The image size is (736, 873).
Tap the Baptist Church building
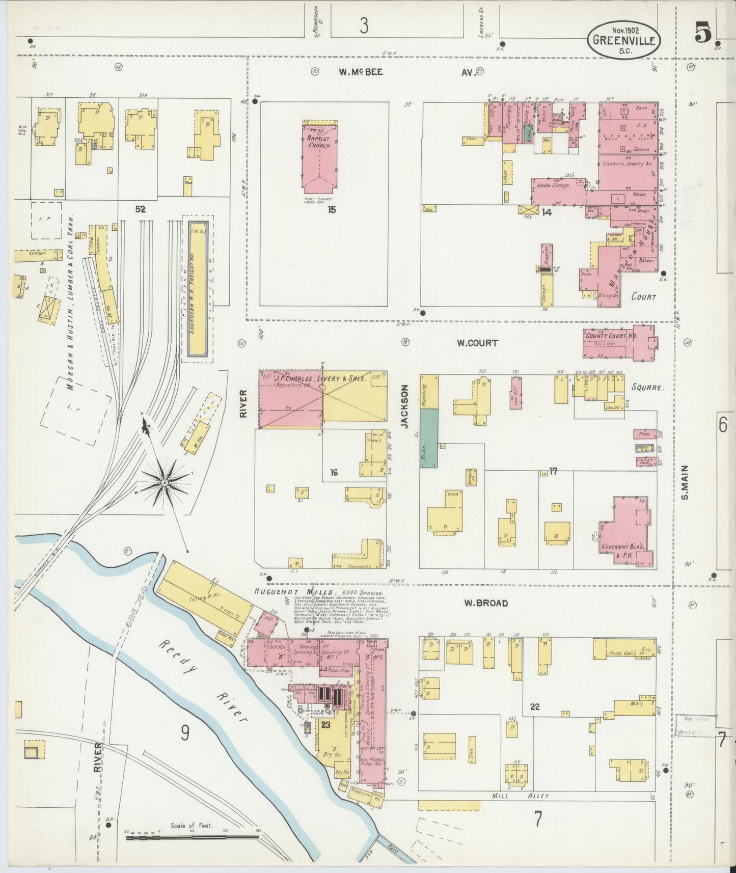coord(319,158)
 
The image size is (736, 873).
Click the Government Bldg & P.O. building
coord(626,530)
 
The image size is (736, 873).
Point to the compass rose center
coord(165,482)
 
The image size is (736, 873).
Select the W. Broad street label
coord(485,603)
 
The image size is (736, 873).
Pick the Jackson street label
coord(404,407)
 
